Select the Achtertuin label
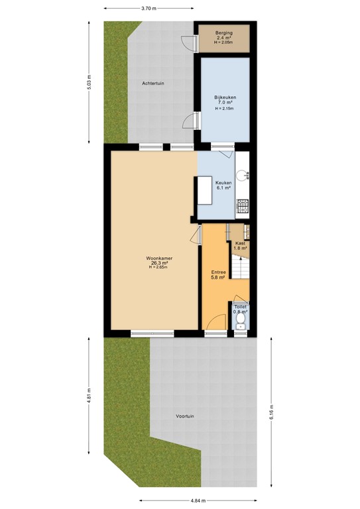[153, 83]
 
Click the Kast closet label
[240, 245]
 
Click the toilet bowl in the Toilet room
[241, 322]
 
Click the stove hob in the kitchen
[243, 206]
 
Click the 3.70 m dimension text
[149, 9]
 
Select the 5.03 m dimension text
[90, 82]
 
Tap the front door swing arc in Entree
[214, 321]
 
